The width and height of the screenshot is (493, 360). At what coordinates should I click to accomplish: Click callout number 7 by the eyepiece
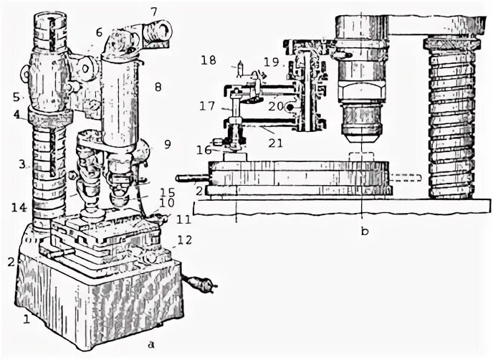pos(153,11)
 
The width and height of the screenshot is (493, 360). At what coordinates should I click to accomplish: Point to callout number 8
pos(158,87)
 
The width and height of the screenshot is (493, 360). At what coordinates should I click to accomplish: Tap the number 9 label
pos(166,143)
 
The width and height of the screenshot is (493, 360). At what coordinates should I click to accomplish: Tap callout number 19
pos(271,62)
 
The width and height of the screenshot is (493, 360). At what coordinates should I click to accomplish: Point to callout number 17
pos(207,105)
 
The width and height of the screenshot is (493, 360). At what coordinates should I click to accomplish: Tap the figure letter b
pos(364,231)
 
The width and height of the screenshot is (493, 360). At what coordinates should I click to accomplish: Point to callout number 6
pos(100,32)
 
